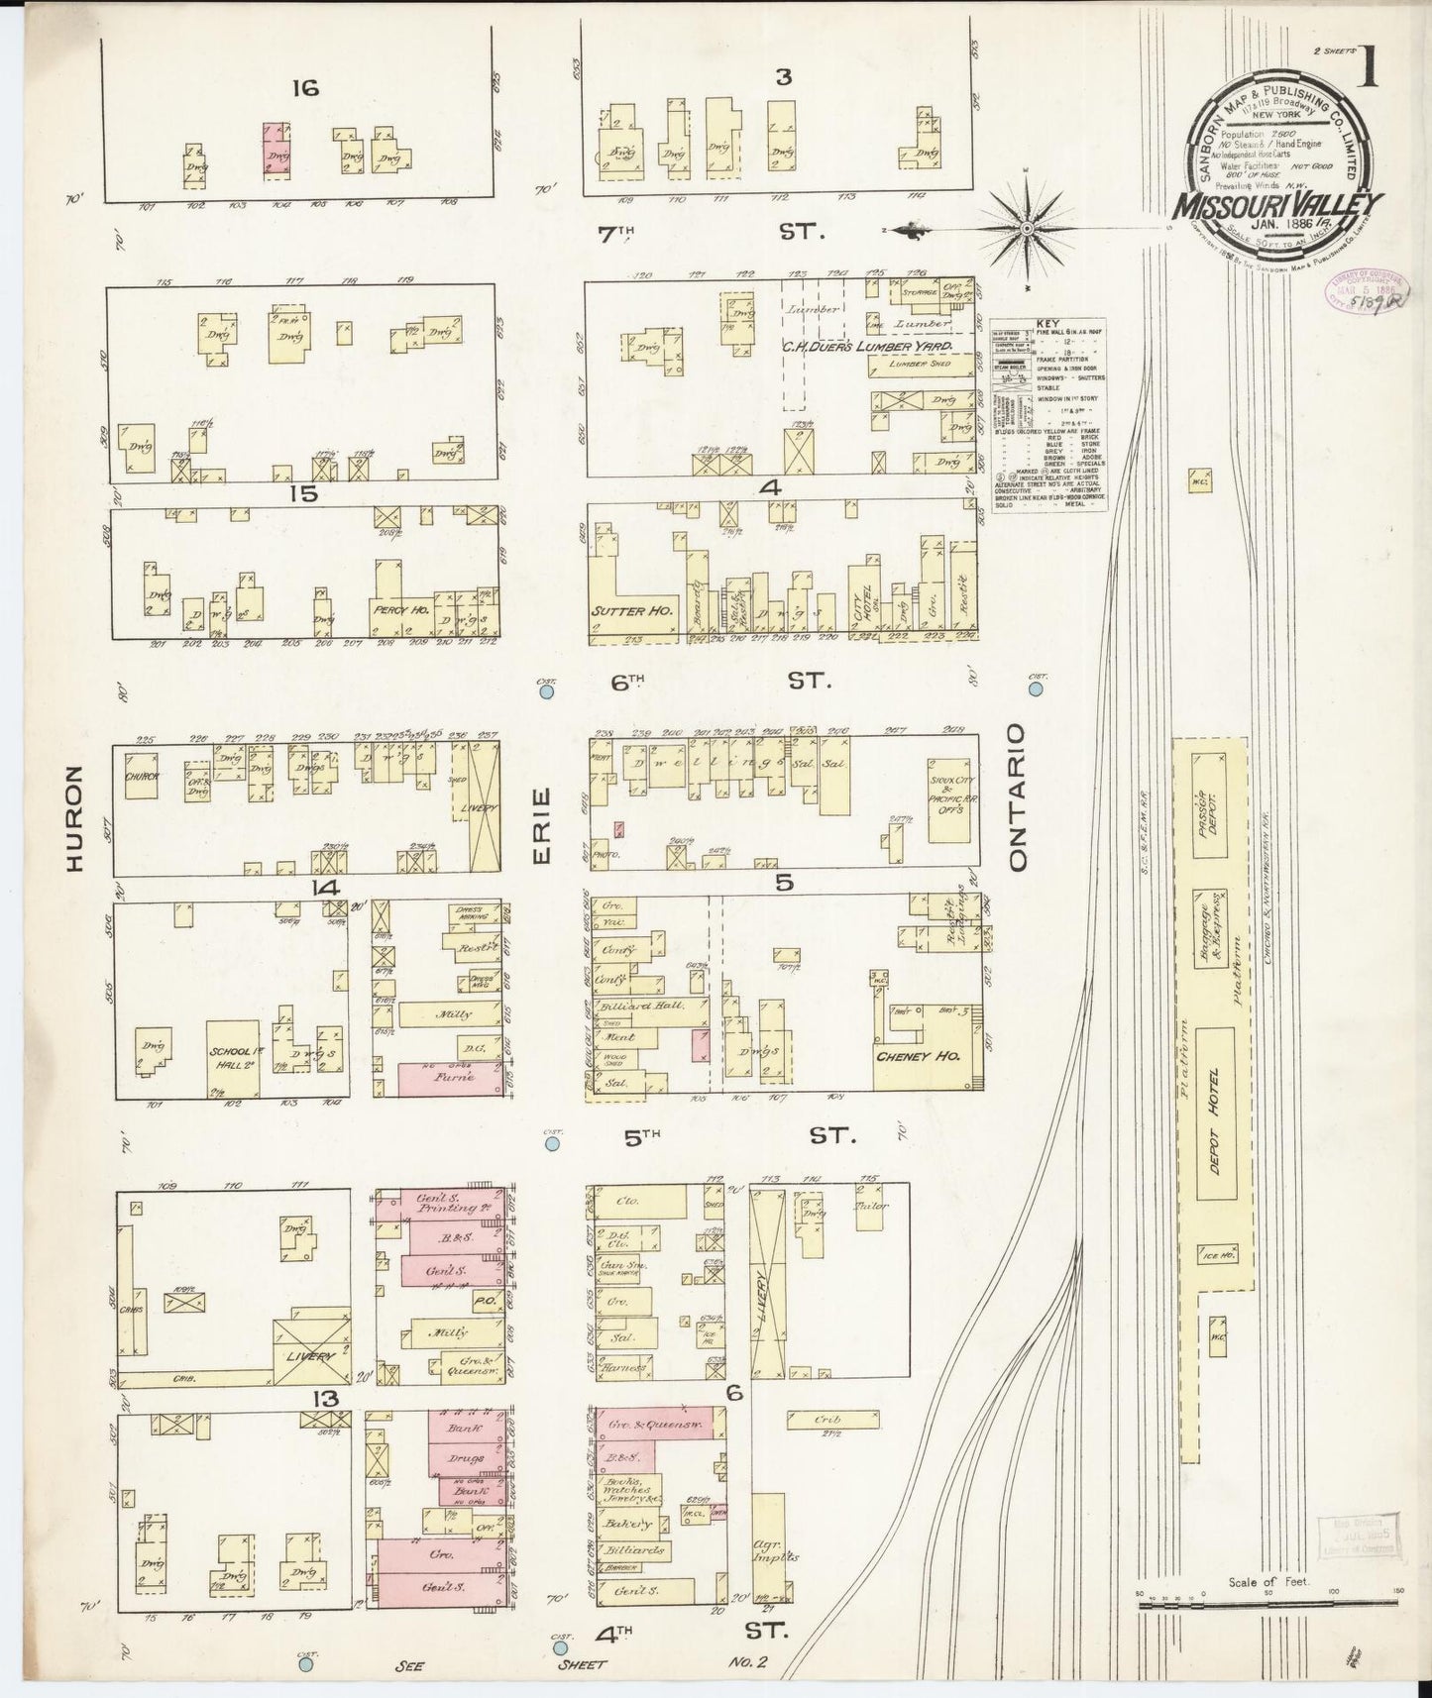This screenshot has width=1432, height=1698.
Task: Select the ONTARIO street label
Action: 1017,797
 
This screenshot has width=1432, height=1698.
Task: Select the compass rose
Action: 1028,230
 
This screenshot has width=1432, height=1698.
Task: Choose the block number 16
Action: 304,89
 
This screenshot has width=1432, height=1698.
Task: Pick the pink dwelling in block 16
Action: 276,151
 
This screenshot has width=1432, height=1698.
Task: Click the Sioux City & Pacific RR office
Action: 949,800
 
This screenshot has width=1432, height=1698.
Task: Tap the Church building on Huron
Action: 142,778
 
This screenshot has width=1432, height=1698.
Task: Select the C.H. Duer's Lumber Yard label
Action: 866,347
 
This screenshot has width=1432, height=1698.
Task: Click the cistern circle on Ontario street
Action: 1037,687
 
